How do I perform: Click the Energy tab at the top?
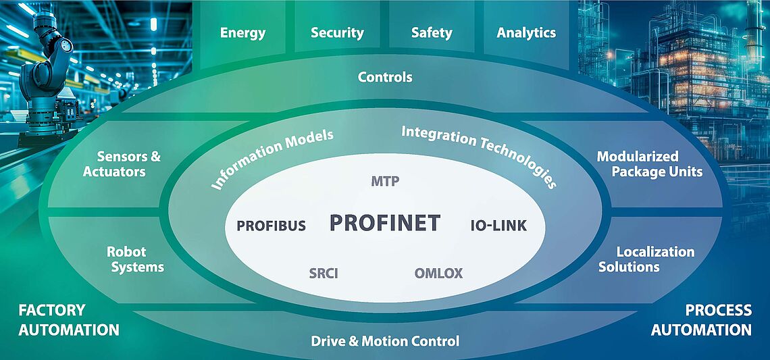242,32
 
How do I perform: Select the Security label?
337,32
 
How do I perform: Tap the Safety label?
432,32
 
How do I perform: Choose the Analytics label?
526,32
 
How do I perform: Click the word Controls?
384,77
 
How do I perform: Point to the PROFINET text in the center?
384,223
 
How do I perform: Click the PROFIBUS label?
271,226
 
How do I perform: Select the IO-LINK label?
498,226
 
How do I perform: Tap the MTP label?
386,181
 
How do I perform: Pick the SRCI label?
323,274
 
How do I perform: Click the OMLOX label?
438,274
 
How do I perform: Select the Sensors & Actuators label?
122,164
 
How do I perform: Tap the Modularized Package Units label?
649,164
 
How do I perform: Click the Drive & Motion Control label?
384,341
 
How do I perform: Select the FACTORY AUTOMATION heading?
68,320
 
